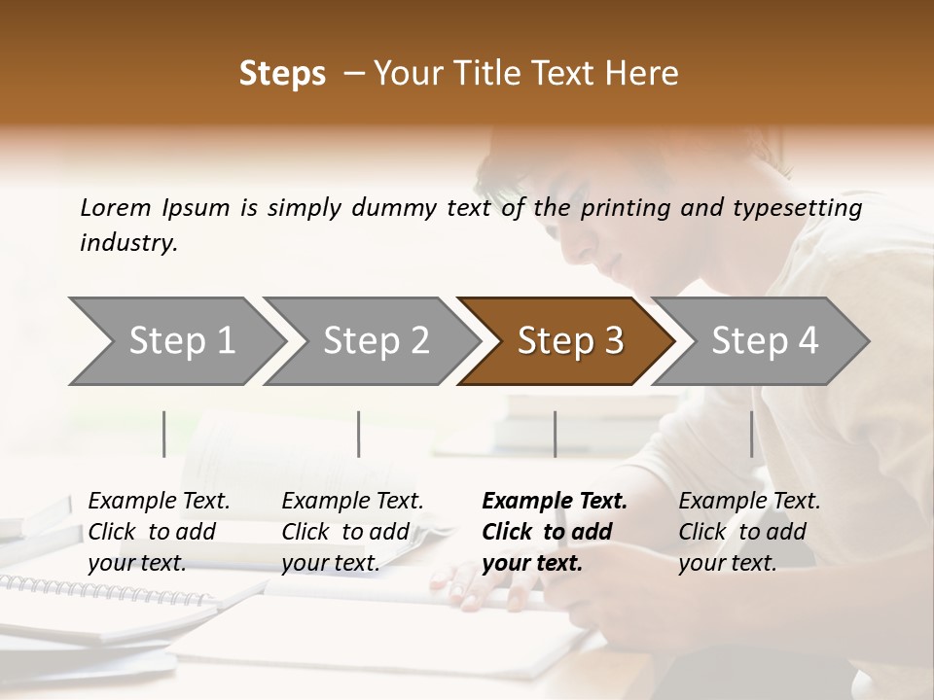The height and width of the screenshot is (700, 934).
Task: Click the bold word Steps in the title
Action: (282, 74)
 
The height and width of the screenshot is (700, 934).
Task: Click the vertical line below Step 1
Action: (164, 434)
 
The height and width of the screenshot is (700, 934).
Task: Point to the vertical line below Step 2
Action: (359, 434)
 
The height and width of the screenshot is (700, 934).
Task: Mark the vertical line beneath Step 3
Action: (555, 434)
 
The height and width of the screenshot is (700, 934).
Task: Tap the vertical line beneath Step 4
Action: (751, 434)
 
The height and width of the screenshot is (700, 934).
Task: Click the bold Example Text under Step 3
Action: (555, 502)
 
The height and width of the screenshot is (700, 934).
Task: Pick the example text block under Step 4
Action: (749, 532)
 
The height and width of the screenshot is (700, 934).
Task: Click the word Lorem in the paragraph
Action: (116, 208)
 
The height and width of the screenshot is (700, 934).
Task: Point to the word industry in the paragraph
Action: (128, 243)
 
